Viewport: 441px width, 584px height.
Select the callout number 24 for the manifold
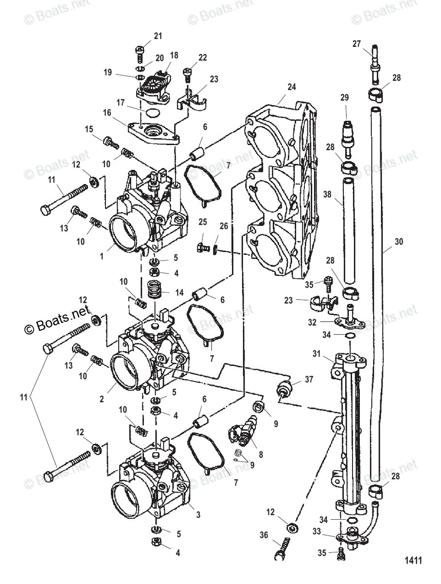coord(291,88)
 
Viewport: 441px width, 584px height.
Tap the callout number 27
coord(356,44)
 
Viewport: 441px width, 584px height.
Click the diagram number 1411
coord(413,561)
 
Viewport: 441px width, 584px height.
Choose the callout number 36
coord(264,536)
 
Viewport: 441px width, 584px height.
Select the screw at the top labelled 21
coord(140,52)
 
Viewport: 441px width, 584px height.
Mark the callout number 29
coord(344,98)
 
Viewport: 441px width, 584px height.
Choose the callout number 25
coord(203,222)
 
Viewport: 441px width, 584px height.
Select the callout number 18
coord(174,56)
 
